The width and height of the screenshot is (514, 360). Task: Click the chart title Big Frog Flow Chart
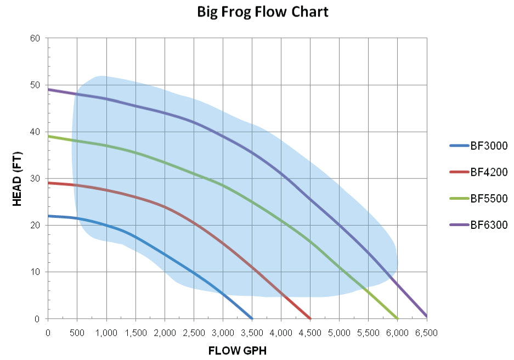(x=263, y=12)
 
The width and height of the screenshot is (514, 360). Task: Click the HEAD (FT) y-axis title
(x=18, y=179)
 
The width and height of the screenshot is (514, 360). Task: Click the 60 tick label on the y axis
(x=36, y=38)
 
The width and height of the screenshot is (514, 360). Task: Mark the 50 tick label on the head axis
(x=36, y=85)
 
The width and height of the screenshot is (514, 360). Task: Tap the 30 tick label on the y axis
(x=36, y=178)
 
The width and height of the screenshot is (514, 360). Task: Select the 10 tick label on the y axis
(x=36, y=272)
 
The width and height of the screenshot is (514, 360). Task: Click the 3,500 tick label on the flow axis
(x=252, y=332)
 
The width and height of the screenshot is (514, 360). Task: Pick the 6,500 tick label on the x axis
(x=426, y=332)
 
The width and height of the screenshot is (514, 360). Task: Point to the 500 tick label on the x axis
(x=77, y=332)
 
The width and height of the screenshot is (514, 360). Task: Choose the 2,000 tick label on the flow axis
(x=165, y=332)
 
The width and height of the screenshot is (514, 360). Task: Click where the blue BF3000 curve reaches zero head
(x=252, y=318)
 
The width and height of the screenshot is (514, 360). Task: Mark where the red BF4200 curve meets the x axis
(x=310, y=318)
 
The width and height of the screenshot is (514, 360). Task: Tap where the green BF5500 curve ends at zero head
(x=397, y=318)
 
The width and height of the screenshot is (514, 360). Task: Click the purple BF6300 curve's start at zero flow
(x=48, y=89)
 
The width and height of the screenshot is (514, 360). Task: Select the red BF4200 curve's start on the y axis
(x=48, y=183)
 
